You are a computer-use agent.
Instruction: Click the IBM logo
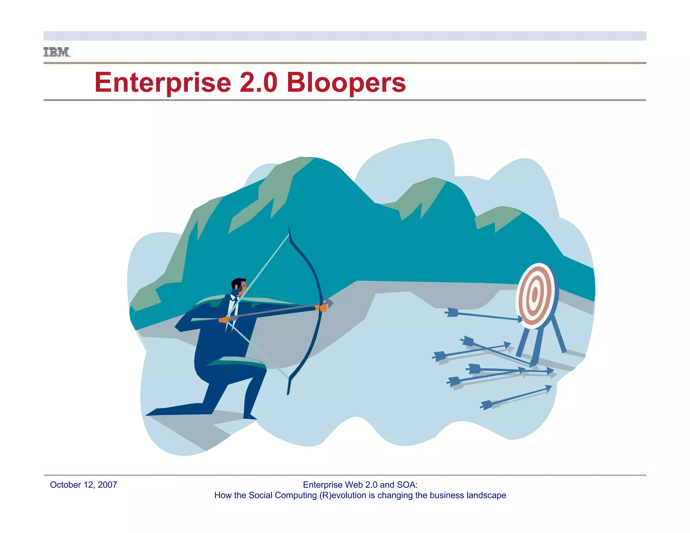tap(57, 52)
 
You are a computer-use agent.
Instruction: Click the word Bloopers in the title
tap(346, 83)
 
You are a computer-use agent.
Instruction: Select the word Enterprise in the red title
tap(163, 83)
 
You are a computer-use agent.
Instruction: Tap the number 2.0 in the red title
tap(258, 83)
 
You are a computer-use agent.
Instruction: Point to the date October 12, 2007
tap(83, 485)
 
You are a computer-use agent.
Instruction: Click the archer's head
tap(239, 286)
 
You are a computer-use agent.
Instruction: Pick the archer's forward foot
tap(250, 416)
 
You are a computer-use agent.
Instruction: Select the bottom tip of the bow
tap(288, 393)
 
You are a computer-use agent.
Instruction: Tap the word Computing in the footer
tap(296, 495)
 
